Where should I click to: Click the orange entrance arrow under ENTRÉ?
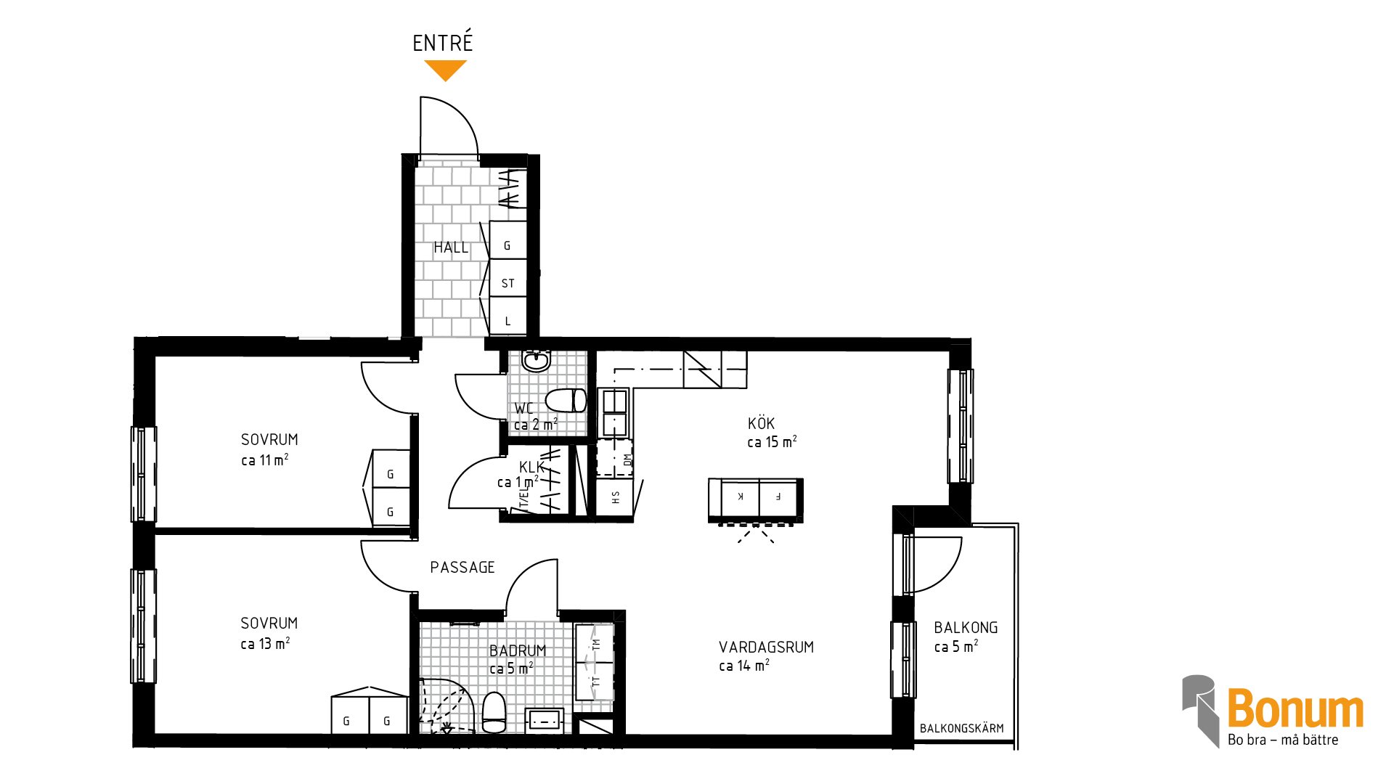point(445,70)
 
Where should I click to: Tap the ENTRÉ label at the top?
point(443,42)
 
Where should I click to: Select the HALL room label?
point(451,248)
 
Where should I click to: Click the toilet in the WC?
point(566,401)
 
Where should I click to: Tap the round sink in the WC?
point(537,361)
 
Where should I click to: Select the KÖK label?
point(762,423)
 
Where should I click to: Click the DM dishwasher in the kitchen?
point(614,458)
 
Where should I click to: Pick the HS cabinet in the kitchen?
point(614,497)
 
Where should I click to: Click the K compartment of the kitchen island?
point(738,497)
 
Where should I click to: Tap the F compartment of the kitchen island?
point(779,497)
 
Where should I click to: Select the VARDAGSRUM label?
point(767,647)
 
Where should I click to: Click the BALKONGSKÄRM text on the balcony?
point(962,728)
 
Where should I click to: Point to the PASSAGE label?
point(462,567)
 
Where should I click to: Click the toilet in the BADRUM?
point(494,712)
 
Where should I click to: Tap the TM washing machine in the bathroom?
point(595,643)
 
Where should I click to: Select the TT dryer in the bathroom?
point(595,682)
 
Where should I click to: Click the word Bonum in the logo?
point(1295,709)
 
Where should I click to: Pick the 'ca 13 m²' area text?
point(266,643)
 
